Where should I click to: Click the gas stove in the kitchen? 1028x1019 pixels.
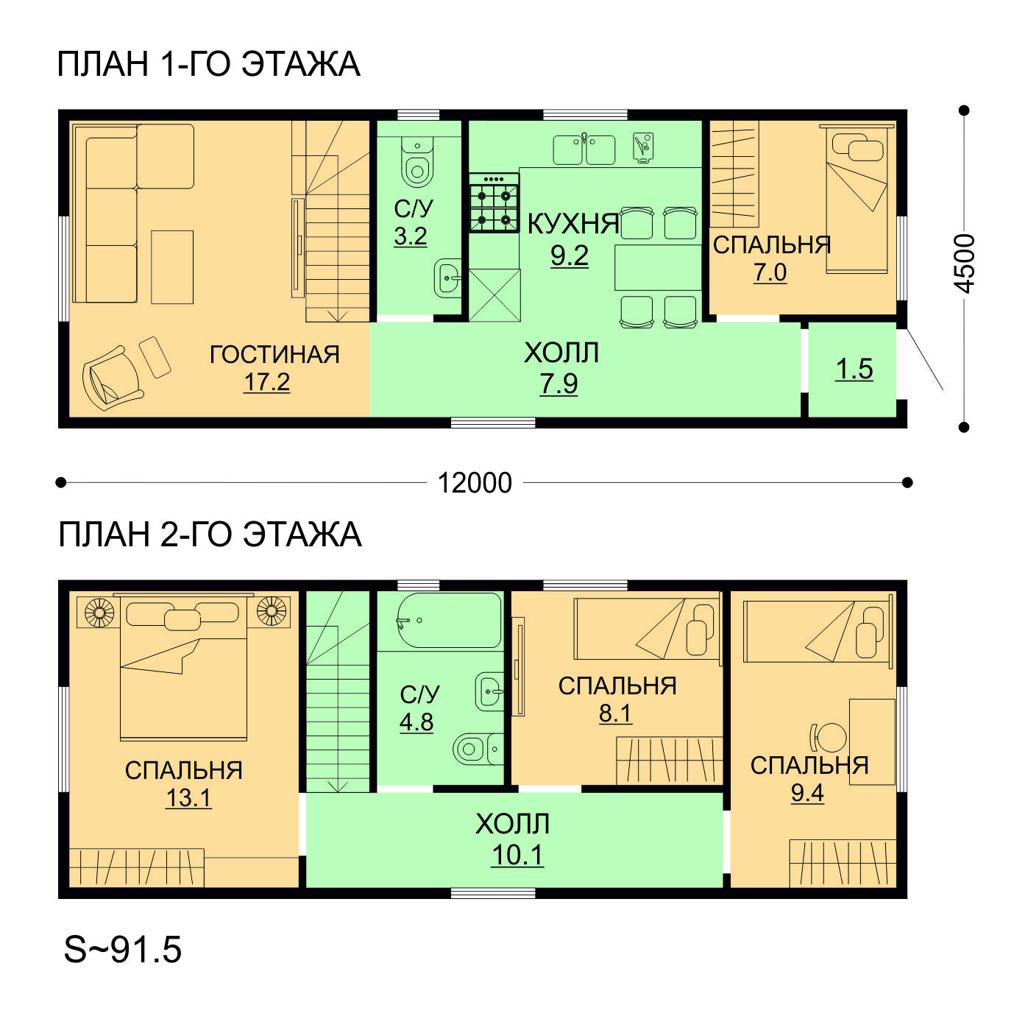[x=494, y=202]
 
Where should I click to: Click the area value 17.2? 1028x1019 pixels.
[x=266, y=382]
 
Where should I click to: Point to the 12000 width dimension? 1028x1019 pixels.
[x=474, y=483]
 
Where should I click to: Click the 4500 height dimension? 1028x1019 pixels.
[x=963, y=264]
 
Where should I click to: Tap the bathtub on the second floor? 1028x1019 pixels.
[x=449, y=620]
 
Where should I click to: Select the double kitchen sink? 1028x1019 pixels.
[x=584, y=149]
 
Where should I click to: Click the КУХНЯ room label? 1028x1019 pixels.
[x=573, y=224]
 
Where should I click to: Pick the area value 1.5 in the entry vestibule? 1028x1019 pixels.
[x=854, y=370]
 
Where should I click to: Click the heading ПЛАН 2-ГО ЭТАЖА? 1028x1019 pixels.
[x=210, y=535]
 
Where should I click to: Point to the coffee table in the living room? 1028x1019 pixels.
[x=172, y=267]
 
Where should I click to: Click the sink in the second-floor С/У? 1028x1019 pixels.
[x=489, y=692]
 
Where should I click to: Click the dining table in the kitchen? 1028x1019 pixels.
[x=658, y=267]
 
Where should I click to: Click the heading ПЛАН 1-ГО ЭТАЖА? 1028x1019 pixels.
[x=208, y=64]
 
